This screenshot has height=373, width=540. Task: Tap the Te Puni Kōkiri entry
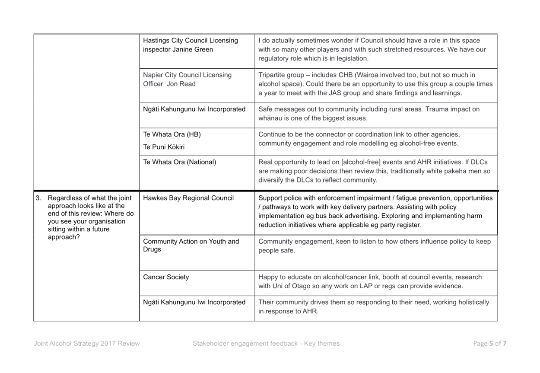point(164,147)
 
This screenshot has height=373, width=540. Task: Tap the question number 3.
point(38,198)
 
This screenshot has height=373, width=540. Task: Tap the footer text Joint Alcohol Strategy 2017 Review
point(87,343)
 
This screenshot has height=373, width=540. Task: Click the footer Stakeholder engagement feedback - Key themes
point(266,343)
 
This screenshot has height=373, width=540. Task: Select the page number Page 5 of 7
point(489,343)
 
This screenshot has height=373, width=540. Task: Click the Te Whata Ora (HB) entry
point(172,134)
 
